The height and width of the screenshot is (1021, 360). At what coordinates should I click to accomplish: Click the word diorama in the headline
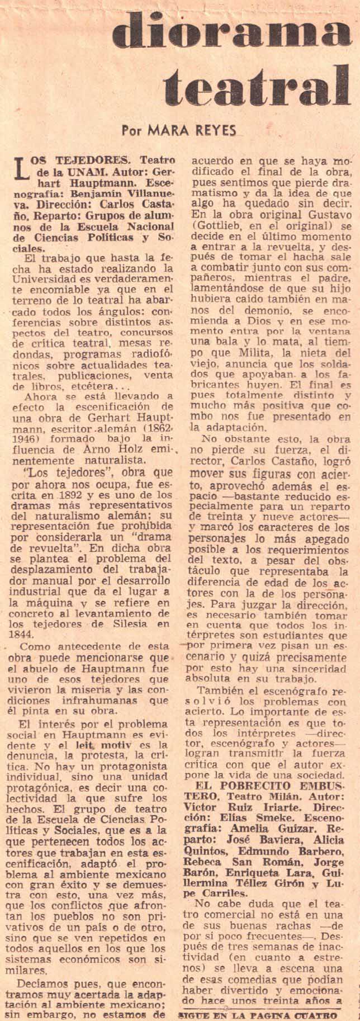(x=231, y=31)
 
